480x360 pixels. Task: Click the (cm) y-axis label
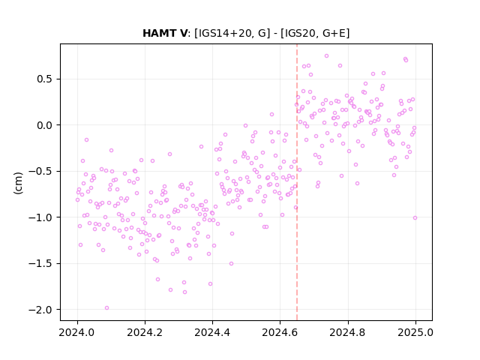tap(18, 183)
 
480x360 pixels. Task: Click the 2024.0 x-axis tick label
tap(77, 332)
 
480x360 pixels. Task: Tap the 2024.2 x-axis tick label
tap(145, 332)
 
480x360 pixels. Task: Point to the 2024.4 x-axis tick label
tap(212, 332)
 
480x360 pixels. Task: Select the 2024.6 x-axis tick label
tap(280, 332)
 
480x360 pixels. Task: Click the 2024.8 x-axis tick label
tap(348, 332)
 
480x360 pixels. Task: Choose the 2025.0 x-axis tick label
tap(415, 332)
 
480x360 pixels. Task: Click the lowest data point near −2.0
tap(106, 308)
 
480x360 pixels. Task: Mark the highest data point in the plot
tap(327, 56)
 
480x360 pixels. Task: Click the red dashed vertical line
tap(297, 182)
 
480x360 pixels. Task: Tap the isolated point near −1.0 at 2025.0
tap(415, 218)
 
